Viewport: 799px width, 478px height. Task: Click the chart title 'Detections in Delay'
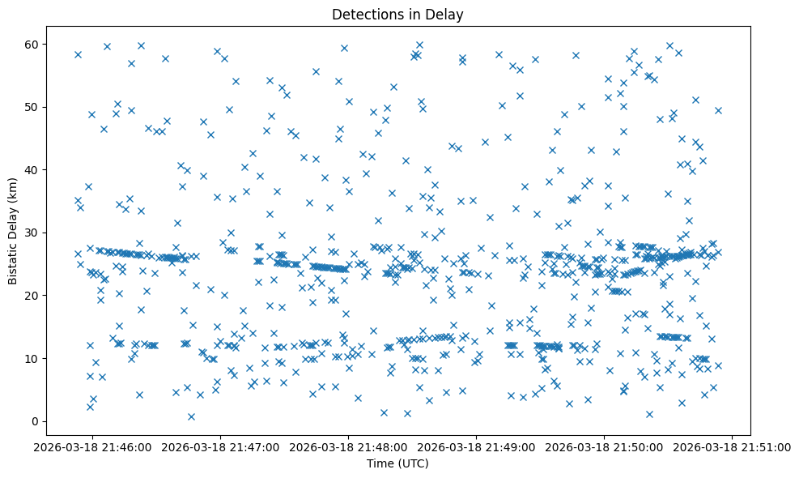pyautogui.click(x=397, y=14)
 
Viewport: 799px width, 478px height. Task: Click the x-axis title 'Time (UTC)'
pyautogui.click(x=397, y=463)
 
